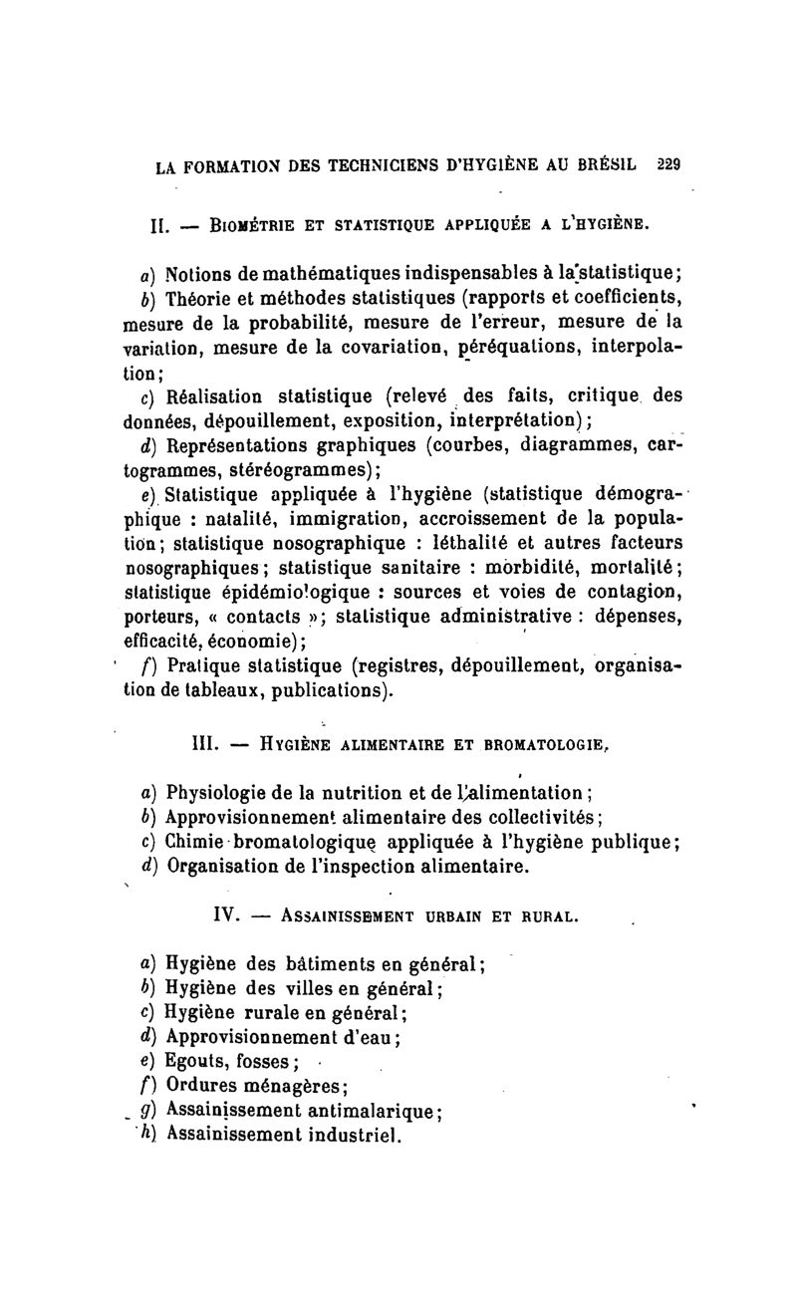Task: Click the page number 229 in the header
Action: point(665,165)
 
